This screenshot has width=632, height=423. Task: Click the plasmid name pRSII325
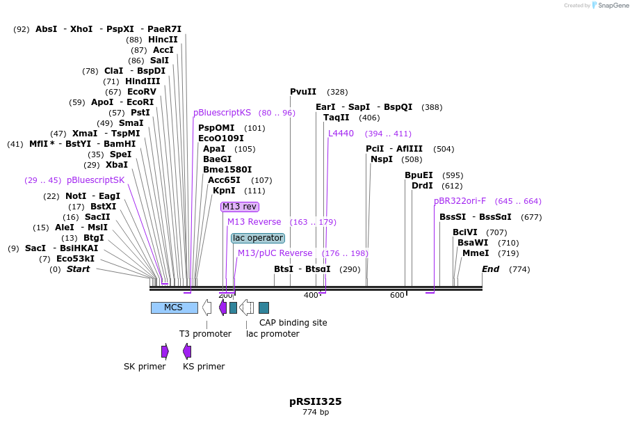316,401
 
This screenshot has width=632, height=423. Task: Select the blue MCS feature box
174,308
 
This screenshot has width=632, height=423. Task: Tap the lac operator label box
258,238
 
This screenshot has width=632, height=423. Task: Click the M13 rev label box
240,207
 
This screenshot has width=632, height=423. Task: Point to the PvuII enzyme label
303,92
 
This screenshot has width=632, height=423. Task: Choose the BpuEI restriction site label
419,175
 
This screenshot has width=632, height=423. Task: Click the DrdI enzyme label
422,186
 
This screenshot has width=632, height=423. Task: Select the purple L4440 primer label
341,134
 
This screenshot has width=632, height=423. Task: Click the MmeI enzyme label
476,253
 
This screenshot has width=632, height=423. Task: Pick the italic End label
490,269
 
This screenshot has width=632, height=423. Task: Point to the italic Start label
78,269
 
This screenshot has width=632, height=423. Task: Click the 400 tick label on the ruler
310,296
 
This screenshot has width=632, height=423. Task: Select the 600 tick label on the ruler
397,296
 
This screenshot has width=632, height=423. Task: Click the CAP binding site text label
293,323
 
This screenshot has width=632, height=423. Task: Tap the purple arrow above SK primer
165,351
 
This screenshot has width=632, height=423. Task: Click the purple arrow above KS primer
187,351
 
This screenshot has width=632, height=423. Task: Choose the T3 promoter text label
205,334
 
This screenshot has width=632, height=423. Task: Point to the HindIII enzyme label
143,81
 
